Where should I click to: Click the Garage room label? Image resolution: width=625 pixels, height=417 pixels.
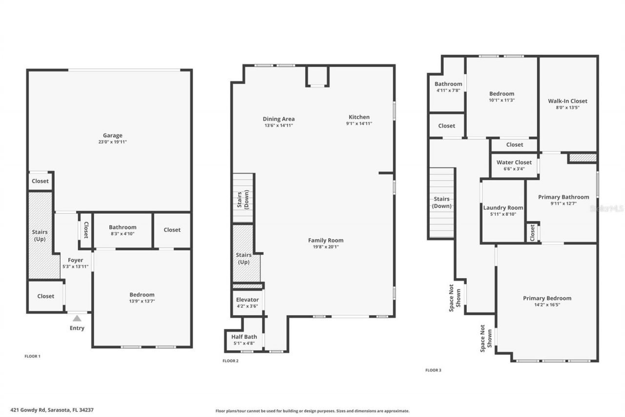pos(112,135)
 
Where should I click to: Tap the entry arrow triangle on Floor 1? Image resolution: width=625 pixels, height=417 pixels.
pos(77,318)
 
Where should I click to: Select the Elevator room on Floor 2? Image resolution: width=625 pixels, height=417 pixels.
pos(247,303)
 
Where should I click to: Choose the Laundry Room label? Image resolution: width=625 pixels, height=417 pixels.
pos(503,208)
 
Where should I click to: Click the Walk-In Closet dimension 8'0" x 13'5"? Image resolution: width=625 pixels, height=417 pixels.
pos(567,108)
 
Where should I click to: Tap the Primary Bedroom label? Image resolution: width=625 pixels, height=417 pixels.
pos(547,298)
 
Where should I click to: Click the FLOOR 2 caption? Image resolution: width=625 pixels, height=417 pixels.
pos(230,361)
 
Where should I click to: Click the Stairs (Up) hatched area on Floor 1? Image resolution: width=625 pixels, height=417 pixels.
pos(40,236)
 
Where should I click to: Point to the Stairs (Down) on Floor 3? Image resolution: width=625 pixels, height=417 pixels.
pos(441,202)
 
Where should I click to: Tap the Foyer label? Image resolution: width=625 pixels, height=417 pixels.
pos(75,260)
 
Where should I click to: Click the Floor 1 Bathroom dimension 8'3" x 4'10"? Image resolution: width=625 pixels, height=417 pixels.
pos(123,234)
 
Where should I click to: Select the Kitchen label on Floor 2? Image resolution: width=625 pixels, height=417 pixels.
pos(359,117)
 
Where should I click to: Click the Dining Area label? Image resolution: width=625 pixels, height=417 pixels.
pos(278,119)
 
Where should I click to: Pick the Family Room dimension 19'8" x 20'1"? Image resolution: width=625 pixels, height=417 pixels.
pos(326,247)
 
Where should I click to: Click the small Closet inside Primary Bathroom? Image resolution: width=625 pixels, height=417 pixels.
pos(532,233)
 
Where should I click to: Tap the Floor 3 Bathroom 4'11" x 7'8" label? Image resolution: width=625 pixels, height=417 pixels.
pos(448,84)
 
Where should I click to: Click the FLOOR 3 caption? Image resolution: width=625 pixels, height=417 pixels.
pos(433,370)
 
